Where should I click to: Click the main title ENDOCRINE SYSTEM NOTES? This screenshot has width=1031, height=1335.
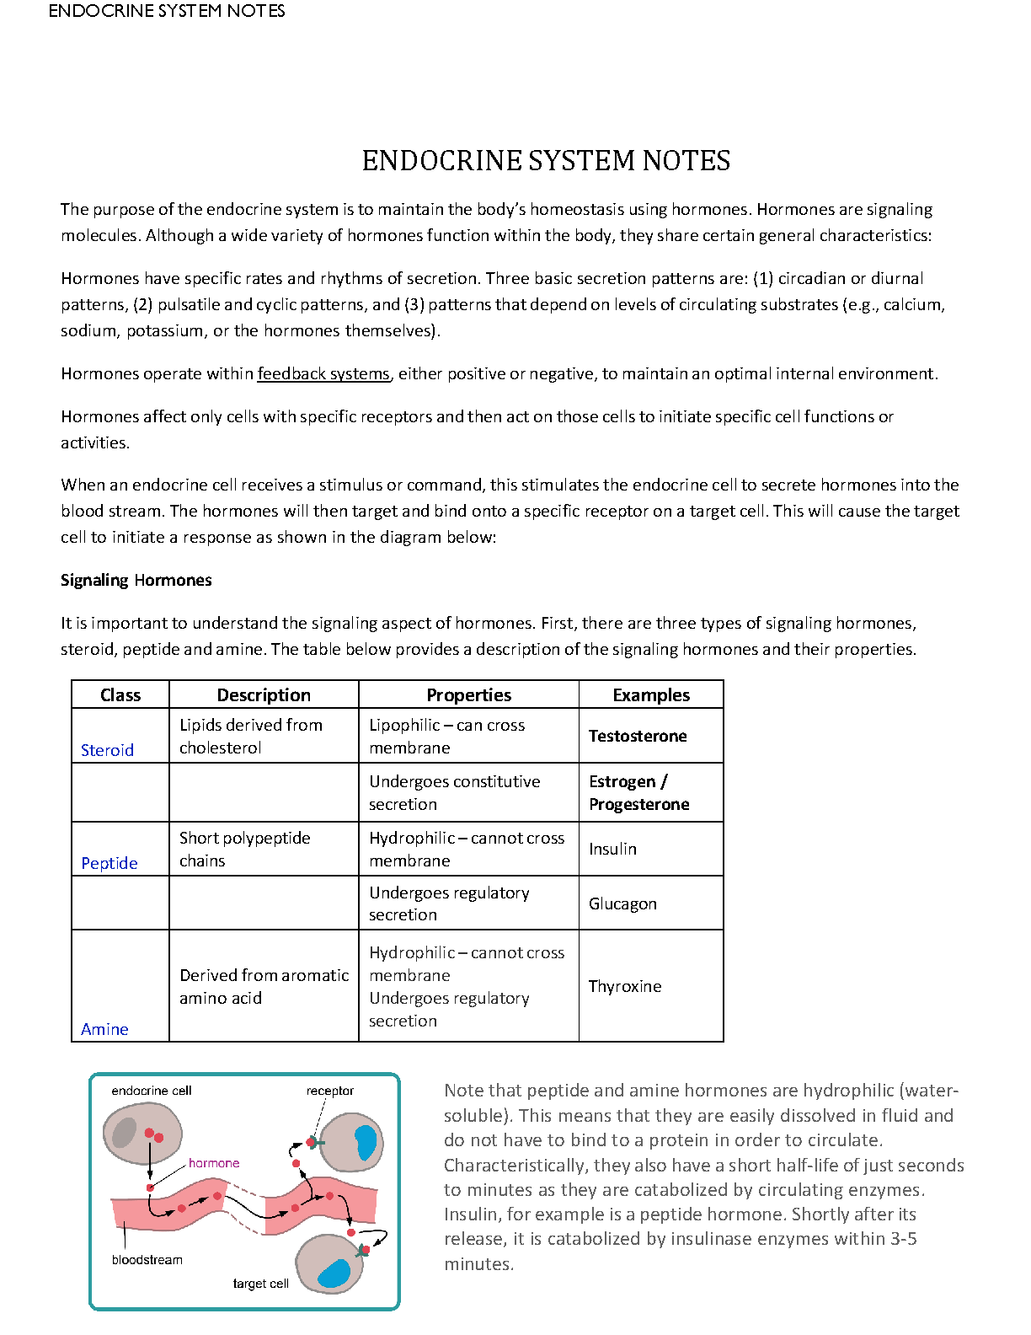tap(546, 161)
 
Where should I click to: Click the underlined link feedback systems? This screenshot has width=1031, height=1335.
tap(323, 373)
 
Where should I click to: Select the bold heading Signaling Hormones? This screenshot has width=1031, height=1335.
tap(136, 580)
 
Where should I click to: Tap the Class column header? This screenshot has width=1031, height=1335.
tap(120, 694)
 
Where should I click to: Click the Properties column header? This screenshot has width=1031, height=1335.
tap(468, 694)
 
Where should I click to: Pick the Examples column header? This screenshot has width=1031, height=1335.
tap(651, 694)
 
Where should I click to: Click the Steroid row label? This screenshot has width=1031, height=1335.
tap(107, 750)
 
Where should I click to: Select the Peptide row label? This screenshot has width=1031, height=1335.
tap(110, 863)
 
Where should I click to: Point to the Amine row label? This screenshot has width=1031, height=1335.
tap(104, 1029)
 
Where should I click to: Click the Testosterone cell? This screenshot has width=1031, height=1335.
tap(638, 736)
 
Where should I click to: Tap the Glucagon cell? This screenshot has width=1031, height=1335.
tap(622, 903)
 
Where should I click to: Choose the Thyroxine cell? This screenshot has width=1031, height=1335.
tap(625, 986)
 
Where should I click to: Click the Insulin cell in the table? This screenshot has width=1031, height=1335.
tap(612, 849)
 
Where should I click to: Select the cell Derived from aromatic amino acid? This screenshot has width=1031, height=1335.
tap(264, 986)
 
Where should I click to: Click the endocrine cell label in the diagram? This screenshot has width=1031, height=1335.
tap(152, 1091)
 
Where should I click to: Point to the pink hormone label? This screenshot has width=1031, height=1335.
tap(214, 1163)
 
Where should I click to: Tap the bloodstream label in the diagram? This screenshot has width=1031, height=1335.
tap(147, 1260)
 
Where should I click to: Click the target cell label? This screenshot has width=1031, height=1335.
tap(260, 1284)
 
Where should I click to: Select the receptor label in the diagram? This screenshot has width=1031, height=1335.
tap(330, 1091)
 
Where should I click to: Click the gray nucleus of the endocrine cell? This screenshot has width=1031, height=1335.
tap(125, 1133)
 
